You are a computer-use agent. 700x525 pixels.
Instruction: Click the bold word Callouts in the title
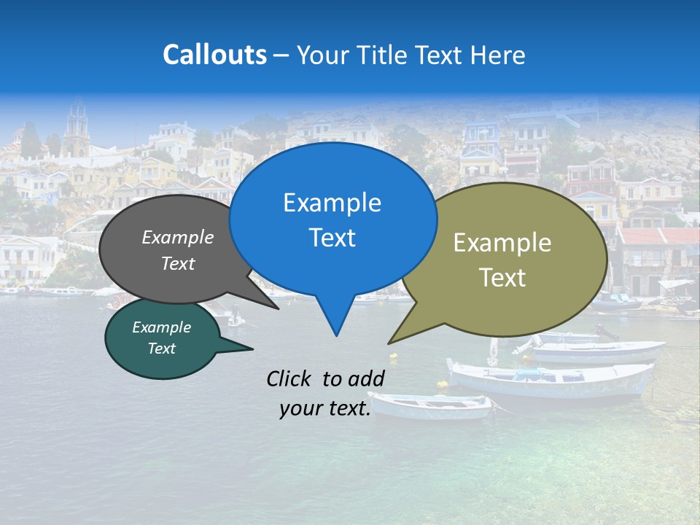(x=214, y=55)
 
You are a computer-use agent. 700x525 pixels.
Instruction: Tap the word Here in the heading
(x=499, y=55)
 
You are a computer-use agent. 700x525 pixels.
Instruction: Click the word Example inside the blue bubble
(x=332, y=203)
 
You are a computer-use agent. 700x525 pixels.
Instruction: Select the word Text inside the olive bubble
(x=502, y=278)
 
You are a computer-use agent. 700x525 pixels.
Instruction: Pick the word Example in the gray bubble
(x=178, y=237)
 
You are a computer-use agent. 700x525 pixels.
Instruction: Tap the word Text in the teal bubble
(x=162, y=349)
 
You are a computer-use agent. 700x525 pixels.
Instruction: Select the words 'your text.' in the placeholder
(x=325, y=408)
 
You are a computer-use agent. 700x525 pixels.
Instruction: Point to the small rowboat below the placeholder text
(x=430, y=405)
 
